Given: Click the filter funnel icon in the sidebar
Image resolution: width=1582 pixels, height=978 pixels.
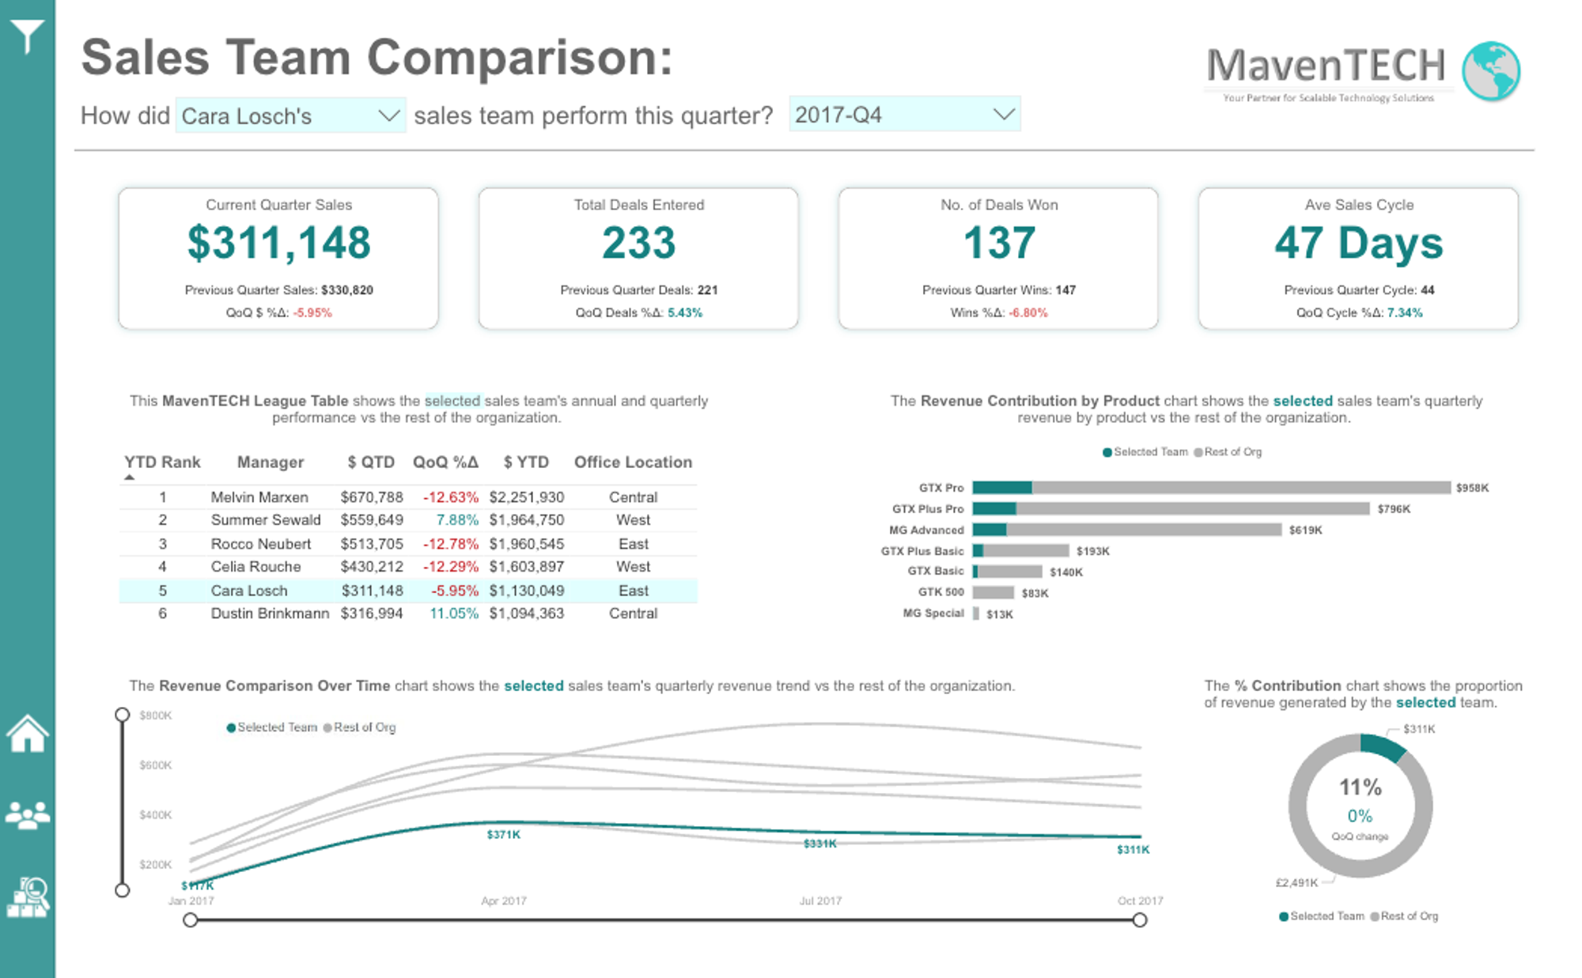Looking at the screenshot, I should (x=27, y=36).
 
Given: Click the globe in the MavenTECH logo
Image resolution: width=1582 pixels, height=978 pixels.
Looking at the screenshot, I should (x=1490, y=71).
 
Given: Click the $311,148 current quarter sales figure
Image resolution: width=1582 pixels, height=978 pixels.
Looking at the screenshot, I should (x=278, y=242).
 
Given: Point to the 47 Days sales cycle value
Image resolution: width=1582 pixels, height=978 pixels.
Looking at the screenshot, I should (x=1358, y=242).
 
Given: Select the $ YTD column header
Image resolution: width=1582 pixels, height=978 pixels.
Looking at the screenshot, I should (x=526, y=462).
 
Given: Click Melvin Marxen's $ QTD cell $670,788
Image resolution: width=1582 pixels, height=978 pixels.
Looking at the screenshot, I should (x=372, y=497).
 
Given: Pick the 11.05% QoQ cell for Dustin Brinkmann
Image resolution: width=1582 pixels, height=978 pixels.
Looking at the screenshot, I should (x=453, y=614).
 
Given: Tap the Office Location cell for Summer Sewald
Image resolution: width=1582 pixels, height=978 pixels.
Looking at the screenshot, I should (x=633, y=520).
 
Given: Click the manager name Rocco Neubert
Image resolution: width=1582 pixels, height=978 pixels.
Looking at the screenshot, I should (x=260, y=544).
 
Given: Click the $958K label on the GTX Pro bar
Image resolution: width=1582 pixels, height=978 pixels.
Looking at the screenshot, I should (x=1472, y=488).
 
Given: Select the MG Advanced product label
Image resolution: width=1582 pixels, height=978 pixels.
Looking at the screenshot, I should (x=926, y=530).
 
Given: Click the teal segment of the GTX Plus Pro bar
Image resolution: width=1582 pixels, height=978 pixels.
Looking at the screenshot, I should (x=993, y=508).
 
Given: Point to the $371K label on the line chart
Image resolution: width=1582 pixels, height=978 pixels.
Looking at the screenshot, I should (x=503, y=835).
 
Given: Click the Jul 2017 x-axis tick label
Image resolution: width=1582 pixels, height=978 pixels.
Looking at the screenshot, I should (x=820, y=901).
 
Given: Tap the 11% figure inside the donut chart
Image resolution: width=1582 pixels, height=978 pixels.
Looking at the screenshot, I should (x=1360, y=787).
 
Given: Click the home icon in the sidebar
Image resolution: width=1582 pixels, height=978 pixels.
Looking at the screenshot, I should (x=28, y=734).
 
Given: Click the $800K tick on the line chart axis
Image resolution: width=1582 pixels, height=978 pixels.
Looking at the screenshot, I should (x=155, y=716).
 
